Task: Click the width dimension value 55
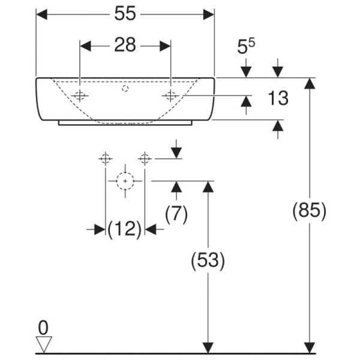125,14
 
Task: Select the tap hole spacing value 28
125,46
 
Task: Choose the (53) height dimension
208,261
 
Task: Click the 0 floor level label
43,327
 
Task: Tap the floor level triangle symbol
44,344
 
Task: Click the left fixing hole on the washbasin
80,95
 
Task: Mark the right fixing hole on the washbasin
171,95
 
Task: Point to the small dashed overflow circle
125,89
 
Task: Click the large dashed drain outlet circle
125,180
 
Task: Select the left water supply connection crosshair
106,158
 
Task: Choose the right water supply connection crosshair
144,158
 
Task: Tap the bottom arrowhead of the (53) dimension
208,347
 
